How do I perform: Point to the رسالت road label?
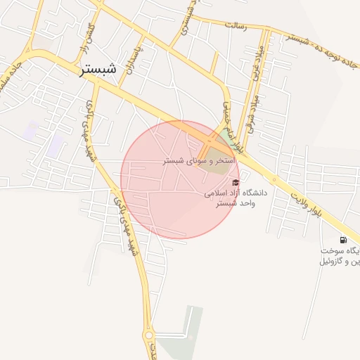point(234,25)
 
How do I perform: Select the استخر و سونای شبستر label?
point(199,161)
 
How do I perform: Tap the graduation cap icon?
point(235,182)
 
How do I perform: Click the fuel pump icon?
point(343,240)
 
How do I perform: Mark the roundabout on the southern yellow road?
point(150,333)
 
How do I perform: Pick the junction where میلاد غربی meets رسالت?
point(265,31)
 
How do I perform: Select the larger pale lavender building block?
point(56,145)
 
